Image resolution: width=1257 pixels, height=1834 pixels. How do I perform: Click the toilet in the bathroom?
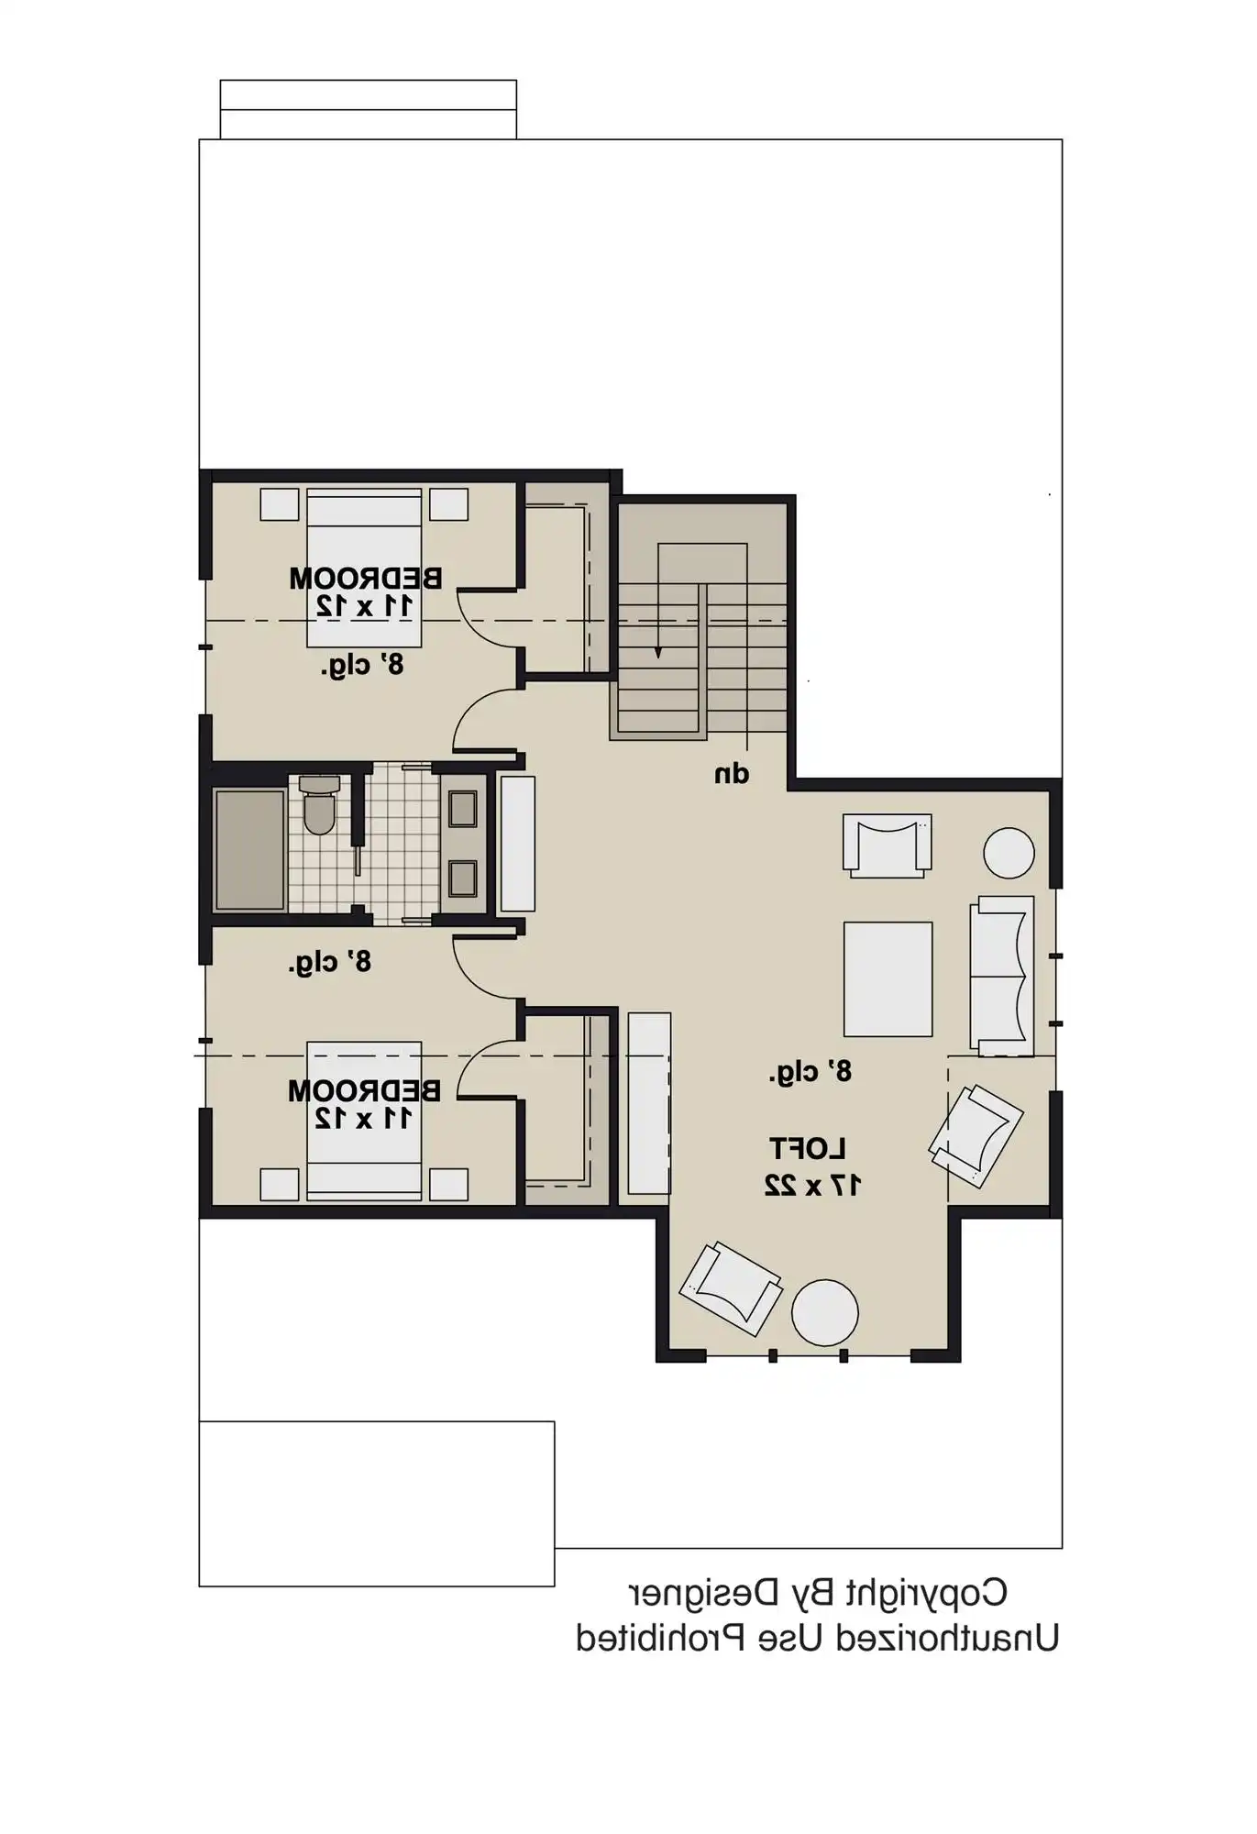319,807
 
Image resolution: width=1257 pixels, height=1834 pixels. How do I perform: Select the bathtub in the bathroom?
249,849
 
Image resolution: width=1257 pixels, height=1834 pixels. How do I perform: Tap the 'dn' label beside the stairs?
732,775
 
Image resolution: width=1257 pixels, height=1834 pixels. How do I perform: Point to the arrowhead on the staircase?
657,653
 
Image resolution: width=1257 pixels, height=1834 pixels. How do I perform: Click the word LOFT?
807,1148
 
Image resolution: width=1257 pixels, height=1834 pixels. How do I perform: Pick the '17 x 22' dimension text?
812,1185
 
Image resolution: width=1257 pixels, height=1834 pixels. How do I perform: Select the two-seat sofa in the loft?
1002,976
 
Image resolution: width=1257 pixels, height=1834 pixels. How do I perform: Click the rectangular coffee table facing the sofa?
888,978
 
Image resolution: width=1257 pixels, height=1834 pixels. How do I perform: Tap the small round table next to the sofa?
1009,853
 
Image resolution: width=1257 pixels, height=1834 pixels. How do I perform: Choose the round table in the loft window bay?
824,1312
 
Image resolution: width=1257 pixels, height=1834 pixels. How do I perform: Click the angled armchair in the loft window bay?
731,1288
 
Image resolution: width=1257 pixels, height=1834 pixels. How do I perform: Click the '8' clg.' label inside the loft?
810,1071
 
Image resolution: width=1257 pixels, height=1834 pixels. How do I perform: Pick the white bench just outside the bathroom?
517,845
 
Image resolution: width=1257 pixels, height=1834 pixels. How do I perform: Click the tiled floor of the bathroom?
400,844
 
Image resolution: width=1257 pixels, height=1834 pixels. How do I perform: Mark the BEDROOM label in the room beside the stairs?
366,579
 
